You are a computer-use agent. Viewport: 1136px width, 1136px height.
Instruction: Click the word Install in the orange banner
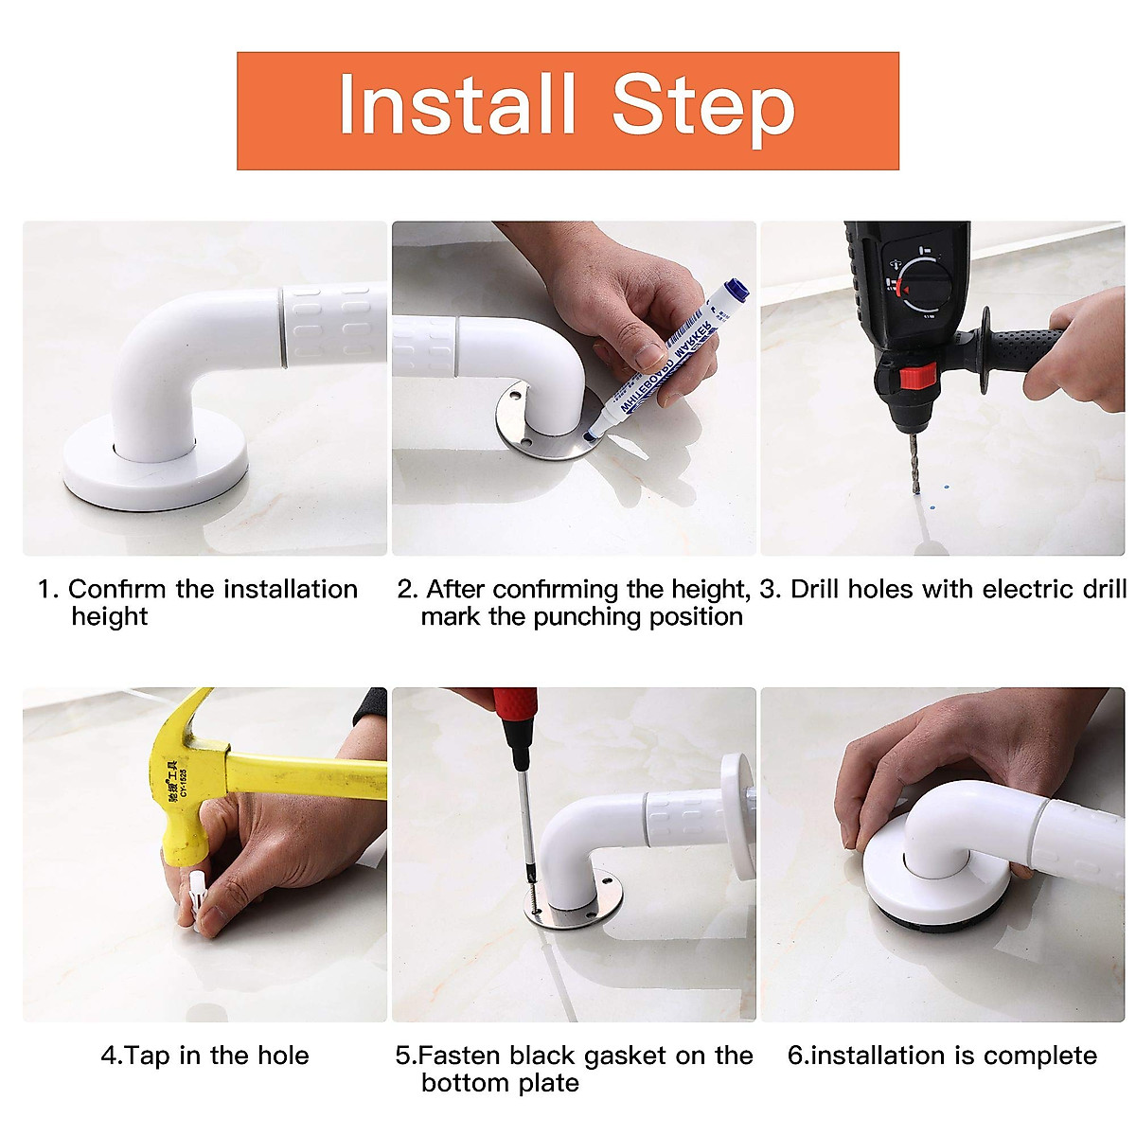[x=456, y=104]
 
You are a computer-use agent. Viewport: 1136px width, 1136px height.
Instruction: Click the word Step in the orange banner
[x=703, y=110]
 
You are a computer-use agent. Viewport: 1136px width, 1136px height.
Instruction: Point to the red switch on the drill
[x=918, y=376]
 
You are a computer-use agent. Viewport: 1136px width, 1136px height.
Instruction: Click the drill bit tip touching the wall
[x=916, y=492]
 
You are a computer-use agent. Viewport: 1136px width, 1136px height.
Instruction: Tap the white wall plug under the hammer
[x=199, y=899]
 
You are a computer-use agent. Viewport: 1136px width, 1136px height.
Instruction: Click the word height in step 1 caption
[x=110, y=617]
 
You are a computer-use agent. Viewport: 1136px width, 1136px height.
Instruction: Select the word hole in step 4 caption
[x=283, y=1056]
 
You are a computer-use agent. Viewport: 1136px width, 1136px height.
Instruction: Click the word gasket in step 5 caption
[x=627, y=1056]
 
